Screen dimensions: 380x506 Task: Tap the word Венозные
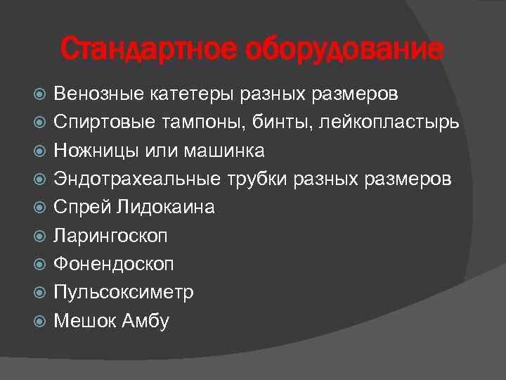click(96, 94)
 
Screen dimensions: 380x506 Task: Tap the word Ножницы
click(91, 151)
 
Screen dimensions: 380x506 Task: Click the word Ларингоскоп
click(110, 236)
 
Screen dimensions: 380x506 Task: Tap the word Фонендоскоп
click(114, 264)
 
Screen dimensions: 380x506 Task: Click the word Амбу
click(145, 321)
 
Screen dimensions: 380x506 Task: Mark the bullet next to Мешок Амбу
click(39, 322)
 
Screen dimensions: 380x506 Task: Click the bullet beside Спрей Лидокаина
click(39, 208)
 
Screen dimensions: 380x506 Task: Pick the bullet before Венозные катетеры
click(39, 94)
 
